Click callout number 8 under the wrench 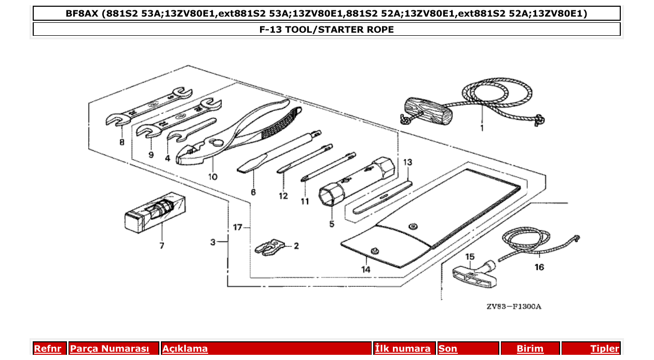[121, 142]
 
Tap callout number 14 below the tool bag [366, 269]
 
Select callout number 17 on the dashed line [238, 228]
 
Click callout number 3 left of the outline [213, 242]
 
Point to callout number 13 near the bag [407, 162]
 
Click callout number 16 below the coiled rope [539, 267]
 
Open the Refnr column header [48, 349]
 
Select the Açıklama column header [185, 349]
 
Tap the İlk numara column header [403, 349]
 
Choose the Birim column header [530, 349]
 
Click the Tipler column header [605, 349]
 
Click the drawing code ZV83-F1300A [513, 307]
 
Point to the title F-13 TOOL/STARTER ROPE [326, 30]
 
